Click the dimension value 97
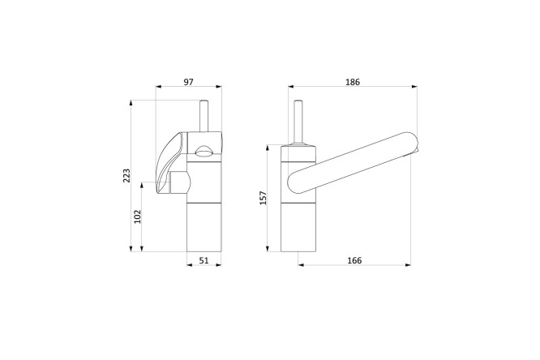coord(188,82)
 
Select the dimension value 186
coord(353,82)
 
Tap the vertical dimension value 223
coord(126,176)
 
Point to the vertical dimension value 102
coord(137,216)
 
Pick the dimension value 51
coord(204,260)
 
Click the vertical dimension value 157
coord(264,198)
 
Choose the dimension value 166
coord(354,260)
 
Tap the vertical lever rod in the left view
coord(204,116)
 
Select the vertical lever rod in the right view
coord(298,122)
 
